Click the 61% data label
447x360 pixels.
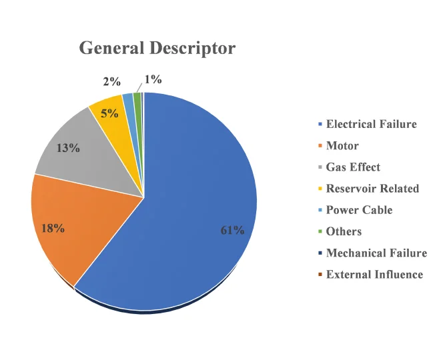[x=233, y=230]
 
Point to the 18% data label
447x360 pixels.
[x=53, y=229]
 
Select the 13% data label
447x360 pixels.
[x=68, y=147]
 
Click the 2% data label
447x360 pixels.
[x=112, y=82]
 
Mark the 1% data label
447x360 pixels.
[x=153, y=79]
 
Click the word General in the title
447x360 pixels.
[x=111, y=49]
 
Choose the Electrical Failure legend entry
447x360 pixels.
[x=370, y=125]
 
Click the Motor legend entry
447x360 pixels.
[x=342, y=146]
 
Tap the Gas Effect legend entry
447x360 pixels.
[x=352, y=167]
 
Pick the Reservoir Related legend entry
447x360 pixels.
[x=372, y=189]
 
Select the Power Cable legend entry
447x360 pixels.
[x=358, y=210]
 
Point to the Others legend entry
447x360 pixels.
[x=343, y=231]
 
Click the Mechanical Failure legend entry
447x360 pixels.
[x=376, y=253]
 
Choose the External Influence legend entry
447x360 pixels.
[x=374, y=274]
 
